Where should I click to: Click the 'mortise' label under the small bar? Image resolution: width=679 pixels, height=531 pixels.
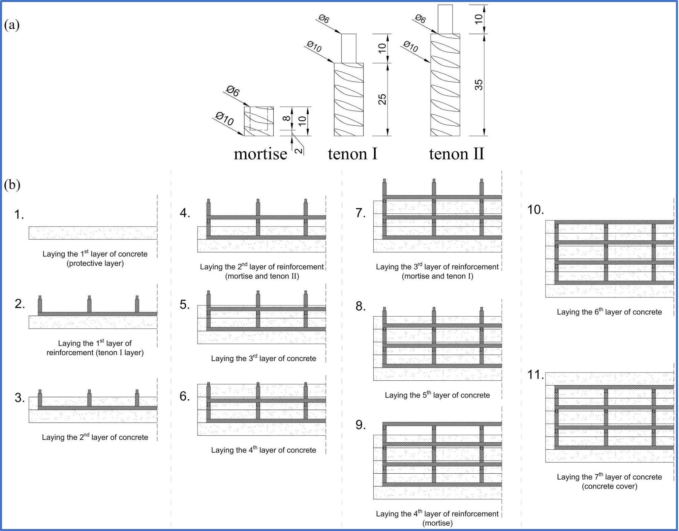click(260, 154)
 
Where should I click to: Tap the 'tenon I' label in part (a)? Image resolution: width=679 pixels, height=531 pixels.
click(352, 154)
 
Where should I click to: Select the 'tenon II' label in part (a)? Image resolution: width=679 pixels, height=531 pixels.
click(456, 154)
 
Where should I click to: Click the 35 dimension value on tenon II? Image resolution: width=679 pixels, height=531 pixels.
click(479, 85)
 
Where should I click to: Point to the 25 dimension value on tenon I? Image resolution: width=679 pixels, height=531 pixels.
click(382, 99)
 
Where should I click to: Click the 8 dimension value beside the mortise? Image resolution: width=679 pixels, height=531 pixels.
click(286, 118)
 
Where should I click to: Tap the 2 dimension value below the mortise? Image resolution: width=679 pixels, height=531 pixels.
click(299, 150)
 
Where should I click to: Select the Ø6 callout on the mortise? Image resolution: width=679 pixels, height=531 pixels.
click(233, 91)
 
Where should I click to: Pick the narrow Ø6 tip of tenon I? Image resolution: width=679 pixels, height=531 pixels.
click(348, 48)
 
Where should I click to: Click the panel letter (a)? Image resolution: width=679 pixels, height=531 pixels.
click(12, 25)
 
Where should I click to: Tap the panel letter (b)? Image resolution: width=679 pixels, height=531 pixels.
click(12, 184)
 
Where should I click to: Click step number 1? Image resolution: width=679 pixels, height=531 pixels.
click(19, 214)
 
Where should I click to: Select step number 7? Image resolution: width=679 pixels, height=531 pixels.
click(360, 213)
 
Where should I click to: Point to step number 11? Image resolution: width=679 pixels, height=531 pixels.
click(535, 375)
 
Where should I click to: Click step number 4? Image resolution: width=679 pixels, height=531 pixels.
click(185, 213)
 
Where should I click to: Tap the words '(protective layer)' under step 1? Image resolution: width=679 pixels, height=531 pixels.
click(95, 263)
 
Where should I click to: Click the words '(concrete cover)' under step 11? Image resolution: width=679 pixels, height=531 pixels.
click(610, 486)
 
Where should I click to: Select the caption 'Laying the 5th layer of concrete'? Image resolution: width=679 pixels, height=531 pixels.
click(437, 395)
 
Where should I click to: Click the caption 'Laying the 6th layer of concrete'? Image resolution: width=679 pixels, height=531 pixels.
click(609, 312)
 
